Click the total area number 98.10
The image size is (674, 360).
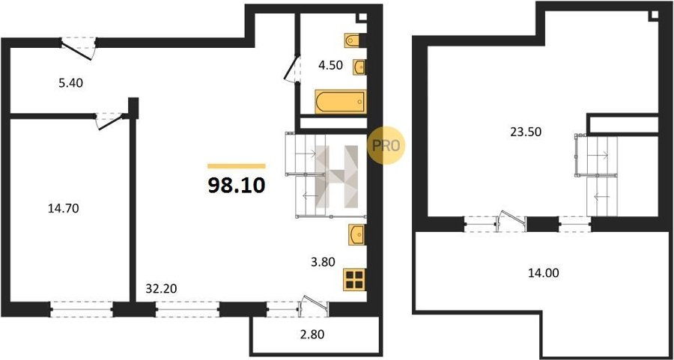pos(236,186)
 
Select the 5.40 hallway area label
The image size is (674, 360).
pos(70,82)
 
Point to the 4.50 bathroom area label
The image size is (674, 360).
pos(330,66)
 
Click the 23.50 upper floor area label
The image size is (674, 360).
pos(523,132)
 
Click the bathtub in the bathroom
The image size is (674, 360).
pos(341,102)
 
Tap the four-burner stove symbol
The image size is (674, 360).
pos(355,280)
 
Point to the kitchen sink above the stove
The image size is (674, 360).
pos(356,234)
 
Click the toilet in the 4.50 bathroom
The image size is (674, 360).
pos(353,40)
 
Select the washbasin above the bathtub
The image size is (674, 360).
pos(359,67)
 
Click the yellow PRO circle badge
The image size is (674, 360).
pos(386,145)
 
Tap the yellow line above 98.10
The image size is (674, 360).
pos(237,166)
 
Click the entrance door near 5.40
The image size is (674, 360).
pos(78,48)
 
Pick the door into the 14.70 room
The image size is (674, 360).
pos(110,120)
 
